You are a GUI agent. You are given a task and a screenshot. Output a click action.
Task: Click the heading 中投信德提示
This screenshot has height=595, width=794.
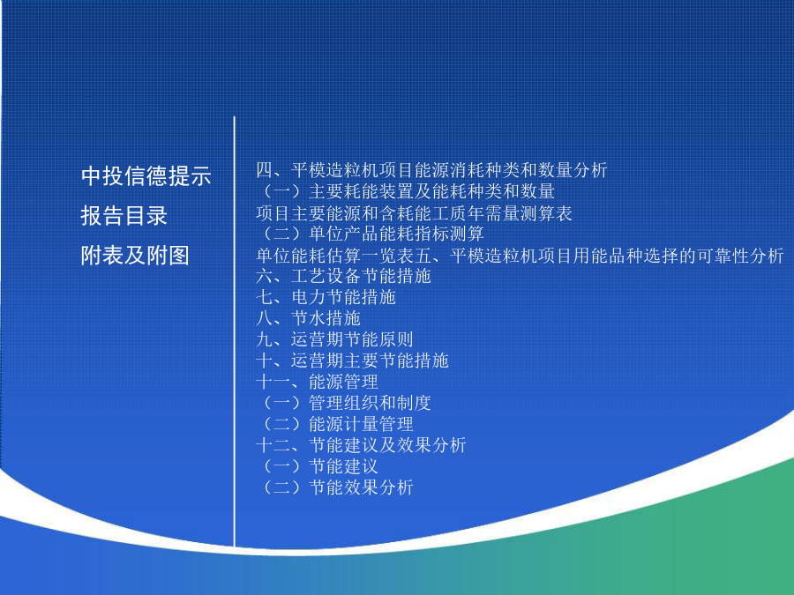pyautogui.click(x=146, y=176)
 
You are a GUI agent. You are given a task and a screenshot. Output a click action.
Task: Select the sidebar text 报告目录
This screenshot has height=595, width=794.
pyautogui.click(x=124, y=216)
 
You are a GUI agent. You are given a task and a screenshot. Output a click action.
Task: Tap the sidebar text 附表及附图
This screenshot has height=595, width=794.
pyautogui.click(x=135, y=255)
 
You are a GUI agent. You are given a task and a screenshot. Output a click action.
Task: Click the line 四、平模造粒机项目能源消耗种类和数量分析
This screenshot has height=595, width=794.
pyautogui.click(x=431, y=170)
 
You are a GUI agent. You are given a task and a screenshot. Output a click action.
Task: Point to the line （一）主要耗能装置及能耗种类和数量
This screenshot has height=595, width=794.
pyautogui.click(x=405, y=191)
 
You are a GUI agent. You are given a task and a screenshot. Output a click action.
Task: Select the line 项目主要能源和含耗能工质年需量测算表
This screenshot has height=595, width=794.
pyautogui.click(x=414, y=213)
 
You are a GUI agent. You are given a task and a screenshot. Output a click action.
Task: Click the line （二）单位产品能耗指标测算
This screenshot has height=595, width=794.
pyautogui.click(x=370, y=234)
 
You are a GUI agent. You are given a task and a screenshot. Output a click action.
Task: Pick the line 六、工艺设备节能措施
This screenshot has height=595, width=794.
pyautogui.click(x=343, y=276)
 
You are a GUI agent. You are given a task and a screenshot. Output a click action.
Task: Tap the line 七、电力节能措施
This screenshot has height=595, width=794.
pyautogui.click(x=326, y=298)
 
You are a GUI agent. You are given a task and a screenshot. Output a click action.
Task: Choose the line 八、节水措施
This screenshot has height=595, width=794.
pyautogui.click(x=308, y=318)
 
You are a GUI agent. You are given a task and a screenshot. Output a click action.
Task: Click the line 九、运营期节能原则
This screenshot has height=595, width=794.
pyautogui.click(x=334, y=339)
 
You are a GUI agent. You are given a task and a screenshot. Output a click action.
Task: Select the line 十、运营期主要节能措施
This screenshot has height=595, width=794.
pyautogui.click(x=352, y=361)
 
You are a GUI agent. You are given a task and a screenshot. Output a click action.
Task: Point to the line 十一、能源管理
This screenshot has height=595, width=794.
pyautogui.click(x=317, y=382)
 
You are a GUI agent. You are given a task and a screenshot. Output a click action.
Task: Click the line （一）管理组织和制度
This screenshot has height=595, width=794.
pyautogui.click(x=343, y=403)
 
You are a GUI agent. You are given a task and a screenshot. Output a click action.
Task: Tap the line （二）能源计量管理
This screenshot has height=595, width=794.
pyautogui.click(x=334, y=424)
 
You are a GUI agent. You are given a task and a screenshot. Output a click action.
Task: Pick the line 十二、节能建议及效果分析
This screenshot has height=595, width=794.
pyautogui.click(x=361, y=445)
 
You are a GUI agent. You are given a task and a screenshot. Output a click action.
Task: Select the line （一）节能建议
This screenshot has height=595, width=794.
pyautogui.click(x=317, y=466)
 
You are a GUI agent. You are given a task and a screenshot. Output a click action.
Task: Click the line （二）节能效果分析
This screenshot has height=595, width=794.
pyautogui.click(x=334, y=487)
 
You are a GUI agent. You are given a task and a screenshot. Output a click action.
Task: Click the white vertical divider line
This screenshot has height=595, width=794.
pyautogui.click(x=235, y=332)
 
